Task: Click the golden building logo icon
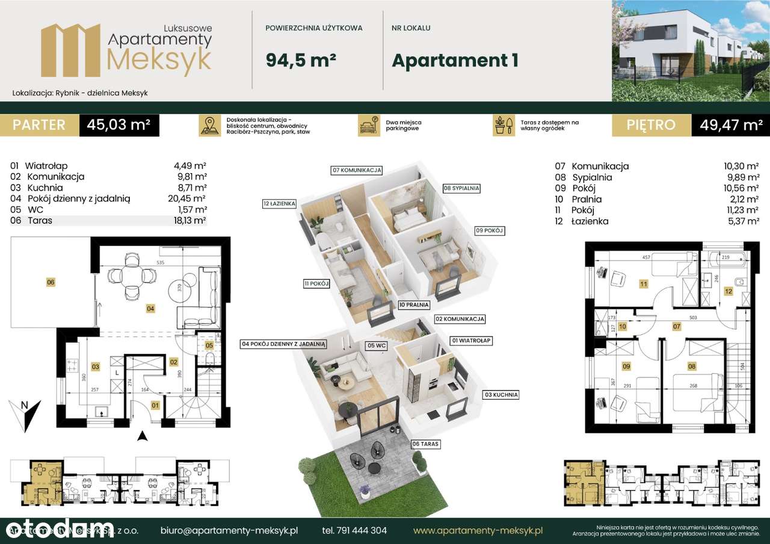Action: tap(70, 50)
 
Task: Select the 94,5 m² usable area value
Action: tap(300, 60)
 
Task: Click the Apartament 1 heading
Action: tap(455, 60)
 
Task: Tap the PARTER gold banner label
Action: tap(39, 125)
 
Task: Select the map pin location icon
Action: tap(209, 126)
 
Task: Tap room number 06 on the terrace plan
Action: tap(51, 281)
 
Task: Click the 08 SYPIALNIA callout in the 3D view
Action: tap(462, 188)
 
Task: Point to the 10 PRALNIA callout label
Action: tap(414, 305)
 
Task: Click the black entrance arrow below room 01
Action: tap(141, 436)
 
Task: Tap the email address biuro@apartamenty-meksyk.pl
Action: tap(229, 531)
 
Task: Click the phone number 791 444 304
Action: tap(354, 531)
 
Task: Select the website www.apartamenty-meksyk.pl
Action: tap(478, 531)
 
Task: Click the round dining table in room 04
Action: tap(131, 275)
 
